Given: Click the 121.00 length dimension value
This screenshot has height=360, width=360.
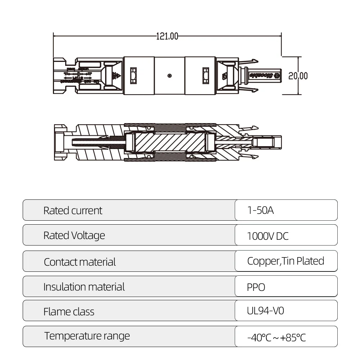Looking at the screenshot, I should (x=167, y=36).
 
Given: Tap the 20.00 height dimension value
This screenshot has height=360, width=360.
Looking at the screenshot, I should (x=298, y=76).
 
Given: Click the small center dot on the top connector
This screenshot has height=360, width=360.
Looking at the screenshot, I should (x=170, y=76).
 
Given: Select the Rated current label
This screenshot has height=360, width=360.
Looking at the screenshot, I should (x=73, y=211).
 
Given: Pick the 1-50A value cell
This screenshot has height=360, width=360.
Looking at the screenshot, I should (x=261, y=210).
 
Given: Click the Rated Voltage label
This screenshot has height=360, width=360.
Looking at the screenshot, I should (x=74, y=235).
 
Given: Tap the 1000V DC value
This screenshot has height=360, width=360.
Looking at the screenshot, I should (x=268, y=236).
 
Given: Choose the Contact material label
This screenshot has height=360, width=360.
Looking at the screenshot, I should (x=80, y=262).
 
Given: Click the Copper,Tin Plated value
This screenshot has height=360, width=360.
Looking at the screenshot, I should (x=285, y=261).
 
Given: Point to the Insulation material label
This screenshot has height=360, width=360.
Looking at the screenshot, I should (x=84, y=287).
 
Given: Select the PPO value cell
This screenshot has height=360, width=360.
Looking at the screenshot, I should (x=256, y=287).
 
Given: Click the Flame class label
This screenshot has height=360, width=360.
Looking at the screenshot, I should (x=69, y=311).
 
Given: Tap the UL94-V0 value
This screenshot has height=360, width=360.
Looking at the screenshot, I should (x=265, y=311).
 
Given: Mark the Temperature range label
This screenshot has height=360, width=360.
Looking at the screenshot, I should (x=87, y=336).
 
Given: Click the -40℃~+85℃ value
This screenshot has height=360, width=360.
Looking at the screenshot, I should (x=276, y=338).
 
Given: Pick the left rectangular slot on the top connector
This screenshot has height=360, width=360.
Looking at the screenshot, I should (x=133, y=76).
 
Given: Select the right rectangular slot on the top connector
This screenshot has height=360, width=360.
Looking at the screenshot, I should (x=206, y=76).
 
